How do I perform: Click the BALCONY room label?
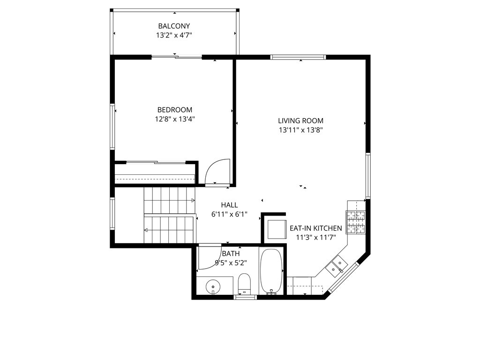pyautogui.click(x=174, y=26)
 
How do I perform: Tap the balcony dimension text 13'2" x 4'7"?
pyautogui.click(x=174, y=35)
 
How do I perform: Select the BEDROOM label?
pyautogui.click(x=174, y=110)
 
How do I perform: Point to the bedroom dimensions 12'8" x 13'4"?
pyautogui.click(x=174, y=119)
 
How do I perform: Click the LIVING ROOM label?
pyautogui.click(x=300, y=120)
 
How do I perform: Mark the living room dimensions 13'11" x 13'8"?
pyautogui.click(x=300, y=130)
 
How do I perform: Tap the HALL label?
pyautogui.click(x=229, y=205)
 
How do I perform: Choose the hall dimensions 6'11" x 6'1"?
pyautogui.click(x=229, y=214)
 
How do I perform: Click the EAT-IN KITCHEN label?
pyautogui.click(x=315, y=228)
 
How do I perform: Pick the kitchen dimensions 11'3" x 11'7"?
pyautogui.click(x=315, y=237)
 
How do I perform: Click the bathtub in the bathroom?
pyautogui.click(x=271, y=271)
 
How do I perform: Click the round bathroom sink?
pyautogui.click(x=213, y=285)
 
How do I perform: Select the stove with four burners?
pyautogui.click(x=355, y=222)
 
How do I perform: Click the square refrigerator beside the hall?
pyautogui.click(x=276, y=229)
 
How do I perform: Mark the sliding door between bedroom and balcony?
pyautogui.click(x=176, y=57)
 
